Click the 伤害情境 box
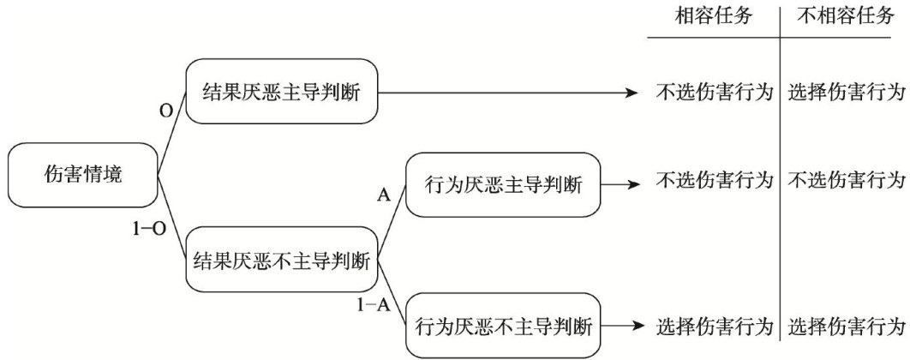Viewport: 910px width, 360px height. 84,175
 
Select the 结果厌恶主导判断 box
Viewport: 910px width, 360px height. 281,91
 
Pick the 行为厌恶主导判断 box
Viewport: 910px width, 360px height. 503,184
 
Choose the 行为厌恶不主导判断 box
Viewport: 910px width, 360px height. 503,327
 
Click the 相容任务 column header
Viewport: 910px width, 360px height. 714,16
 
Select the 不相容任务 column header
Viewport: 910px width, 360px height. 846,16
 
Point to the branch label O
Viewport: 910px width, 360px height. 166,111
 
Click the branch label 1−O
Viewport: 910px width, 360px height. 150,229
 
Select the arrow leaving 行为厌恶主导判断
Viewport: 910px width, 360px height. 621,184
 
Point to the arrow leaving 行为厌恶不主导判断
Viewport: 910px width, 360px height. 621,327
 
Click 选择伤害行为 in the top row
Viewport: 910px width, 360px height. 847,93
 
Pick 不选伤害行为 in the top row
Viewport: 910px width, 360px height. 715,93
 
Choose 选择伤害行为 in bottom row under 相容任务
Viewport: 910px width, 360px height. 715,327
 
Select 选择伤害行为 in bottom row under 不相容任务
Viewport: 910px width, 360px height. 847,327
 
